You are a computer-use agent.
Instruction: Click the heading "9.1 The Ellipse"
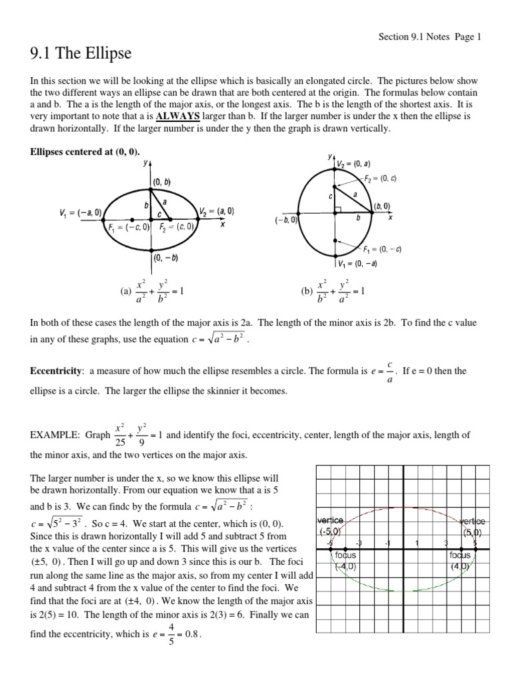[x=81, y=53]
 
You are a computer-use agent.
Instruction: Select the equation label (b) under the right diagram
[x=307, y=291]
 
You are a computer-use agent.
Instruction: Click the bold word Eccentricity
[x=57, y=370]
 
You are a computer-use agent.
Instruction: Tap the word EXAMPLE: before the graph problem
[x=56, y=436]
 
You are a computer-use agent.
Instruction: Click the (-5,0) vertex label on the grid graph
[x=329, y=531]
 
